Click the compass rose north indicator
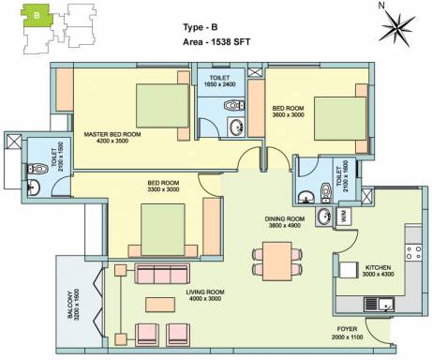click(397, 28)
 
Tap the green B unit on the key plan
click(37, 15)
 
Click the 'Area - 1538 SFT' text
click(216, 42)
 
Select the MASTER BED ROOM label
click(112, 134)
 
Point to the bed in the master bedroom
click(162, 106)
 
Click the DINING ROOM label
click(285, 218)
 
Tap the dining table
click(277, 261)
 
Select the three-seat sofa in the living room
click(162, 274)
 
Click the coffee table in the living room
click(160, 305)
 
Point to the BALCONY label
click(69, 305)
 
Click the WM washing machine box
click(344, 217)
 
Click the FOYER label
click(347, 329)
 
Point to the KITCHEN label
click(378, 267)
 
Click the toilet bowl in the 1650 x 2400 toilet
click(234, 105)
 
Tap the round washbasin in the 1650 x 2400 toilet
click(236, 127)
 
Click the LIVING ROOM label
click(205, 292)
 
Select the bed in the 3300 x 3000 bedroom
click(162, 230)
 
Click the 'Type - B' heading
click(201, 27)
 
